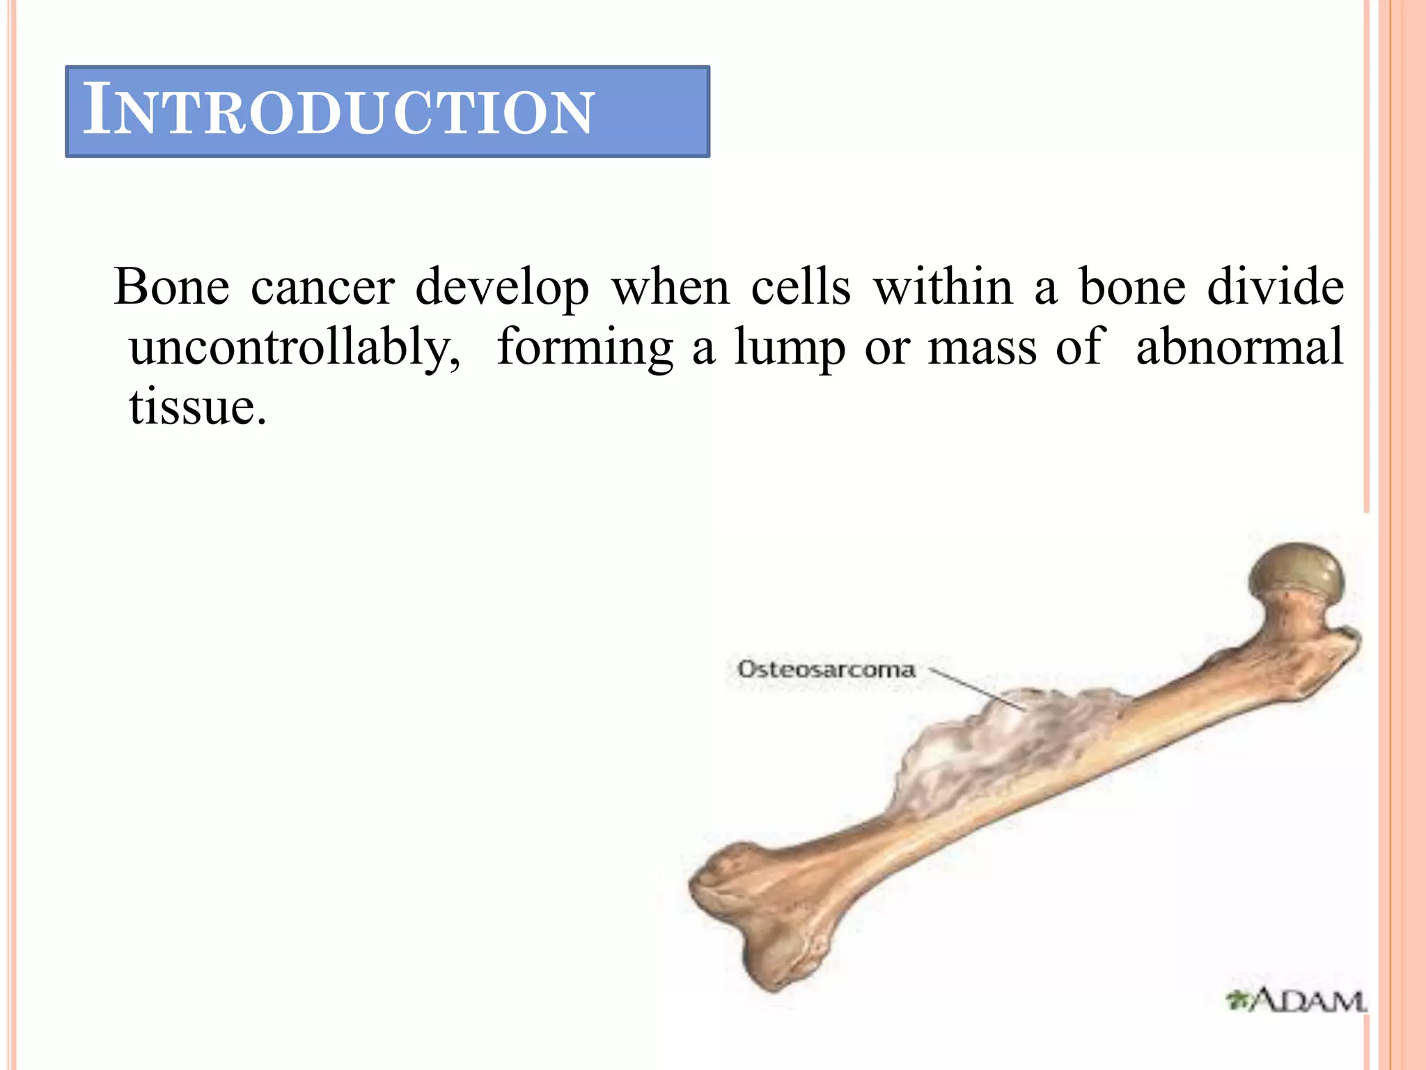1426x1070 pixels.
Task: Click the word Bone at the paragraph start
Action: coord(171,286)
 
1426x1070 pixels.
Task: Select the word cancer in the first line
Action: coord(322,286)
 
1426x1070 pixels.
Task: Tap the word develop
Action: coord(502,288)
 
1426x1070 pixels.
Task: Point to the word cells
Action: coord(801,286)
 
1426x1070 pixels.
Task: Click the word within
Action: coord(943,286)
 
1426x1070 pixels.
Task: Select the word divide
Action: coord(1276,286)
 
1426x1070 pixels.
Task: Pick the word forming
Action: coord(585,347)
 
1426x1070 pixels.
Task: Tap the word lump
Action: coord(790,347)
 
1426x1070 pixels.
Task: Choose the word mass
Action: coord(982,347)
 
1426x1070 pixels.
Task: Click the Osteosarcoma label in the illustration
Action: coord(826,670)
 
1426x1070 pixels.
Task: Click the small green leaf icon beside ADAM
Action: coord(1237,1001)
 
